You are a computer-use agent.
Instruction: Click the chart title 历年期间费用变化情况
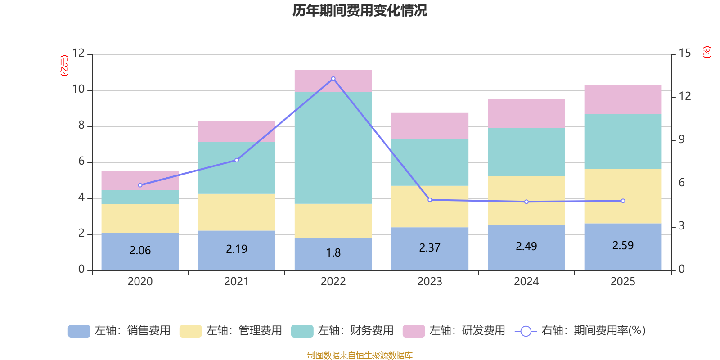(360, 10)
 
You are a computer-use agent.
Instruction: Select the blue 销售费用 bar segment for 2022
(333, 253)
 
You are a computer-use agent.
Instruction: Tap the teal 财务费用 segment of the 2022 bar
(333, 148)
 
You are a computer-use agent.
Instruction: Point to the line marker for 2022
(333, 79)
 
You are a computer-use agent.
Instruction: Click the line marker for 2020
(140, 185)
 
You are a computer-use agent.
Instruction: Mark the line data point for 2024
(526, 202)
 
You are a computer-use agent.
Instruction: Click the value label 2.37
(430, 248)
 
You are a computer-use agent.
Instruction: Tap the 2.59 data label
(623, 246)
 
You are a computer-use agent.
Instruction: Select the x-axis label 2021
(237, 282)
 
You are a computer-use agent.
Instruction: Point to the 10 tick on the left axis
(79, 90)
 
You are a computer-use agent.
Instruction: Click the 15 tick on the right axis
(684, 54)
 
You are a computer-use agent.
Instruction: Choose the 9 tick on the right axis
(681, 140)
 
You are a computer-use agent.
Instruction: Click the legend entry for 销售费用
(120, 331)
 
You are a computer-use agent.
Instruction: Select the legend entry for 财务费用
(343, 331)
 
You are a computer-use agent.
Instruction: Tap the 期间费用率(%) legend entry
(580, 331)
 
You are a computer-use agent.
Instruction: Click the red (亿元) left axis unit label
(64, 66)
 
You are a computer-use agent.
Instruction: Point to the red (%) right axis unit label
(707, 52)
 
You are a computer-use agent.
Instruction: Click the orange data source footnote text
(360, 355)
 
